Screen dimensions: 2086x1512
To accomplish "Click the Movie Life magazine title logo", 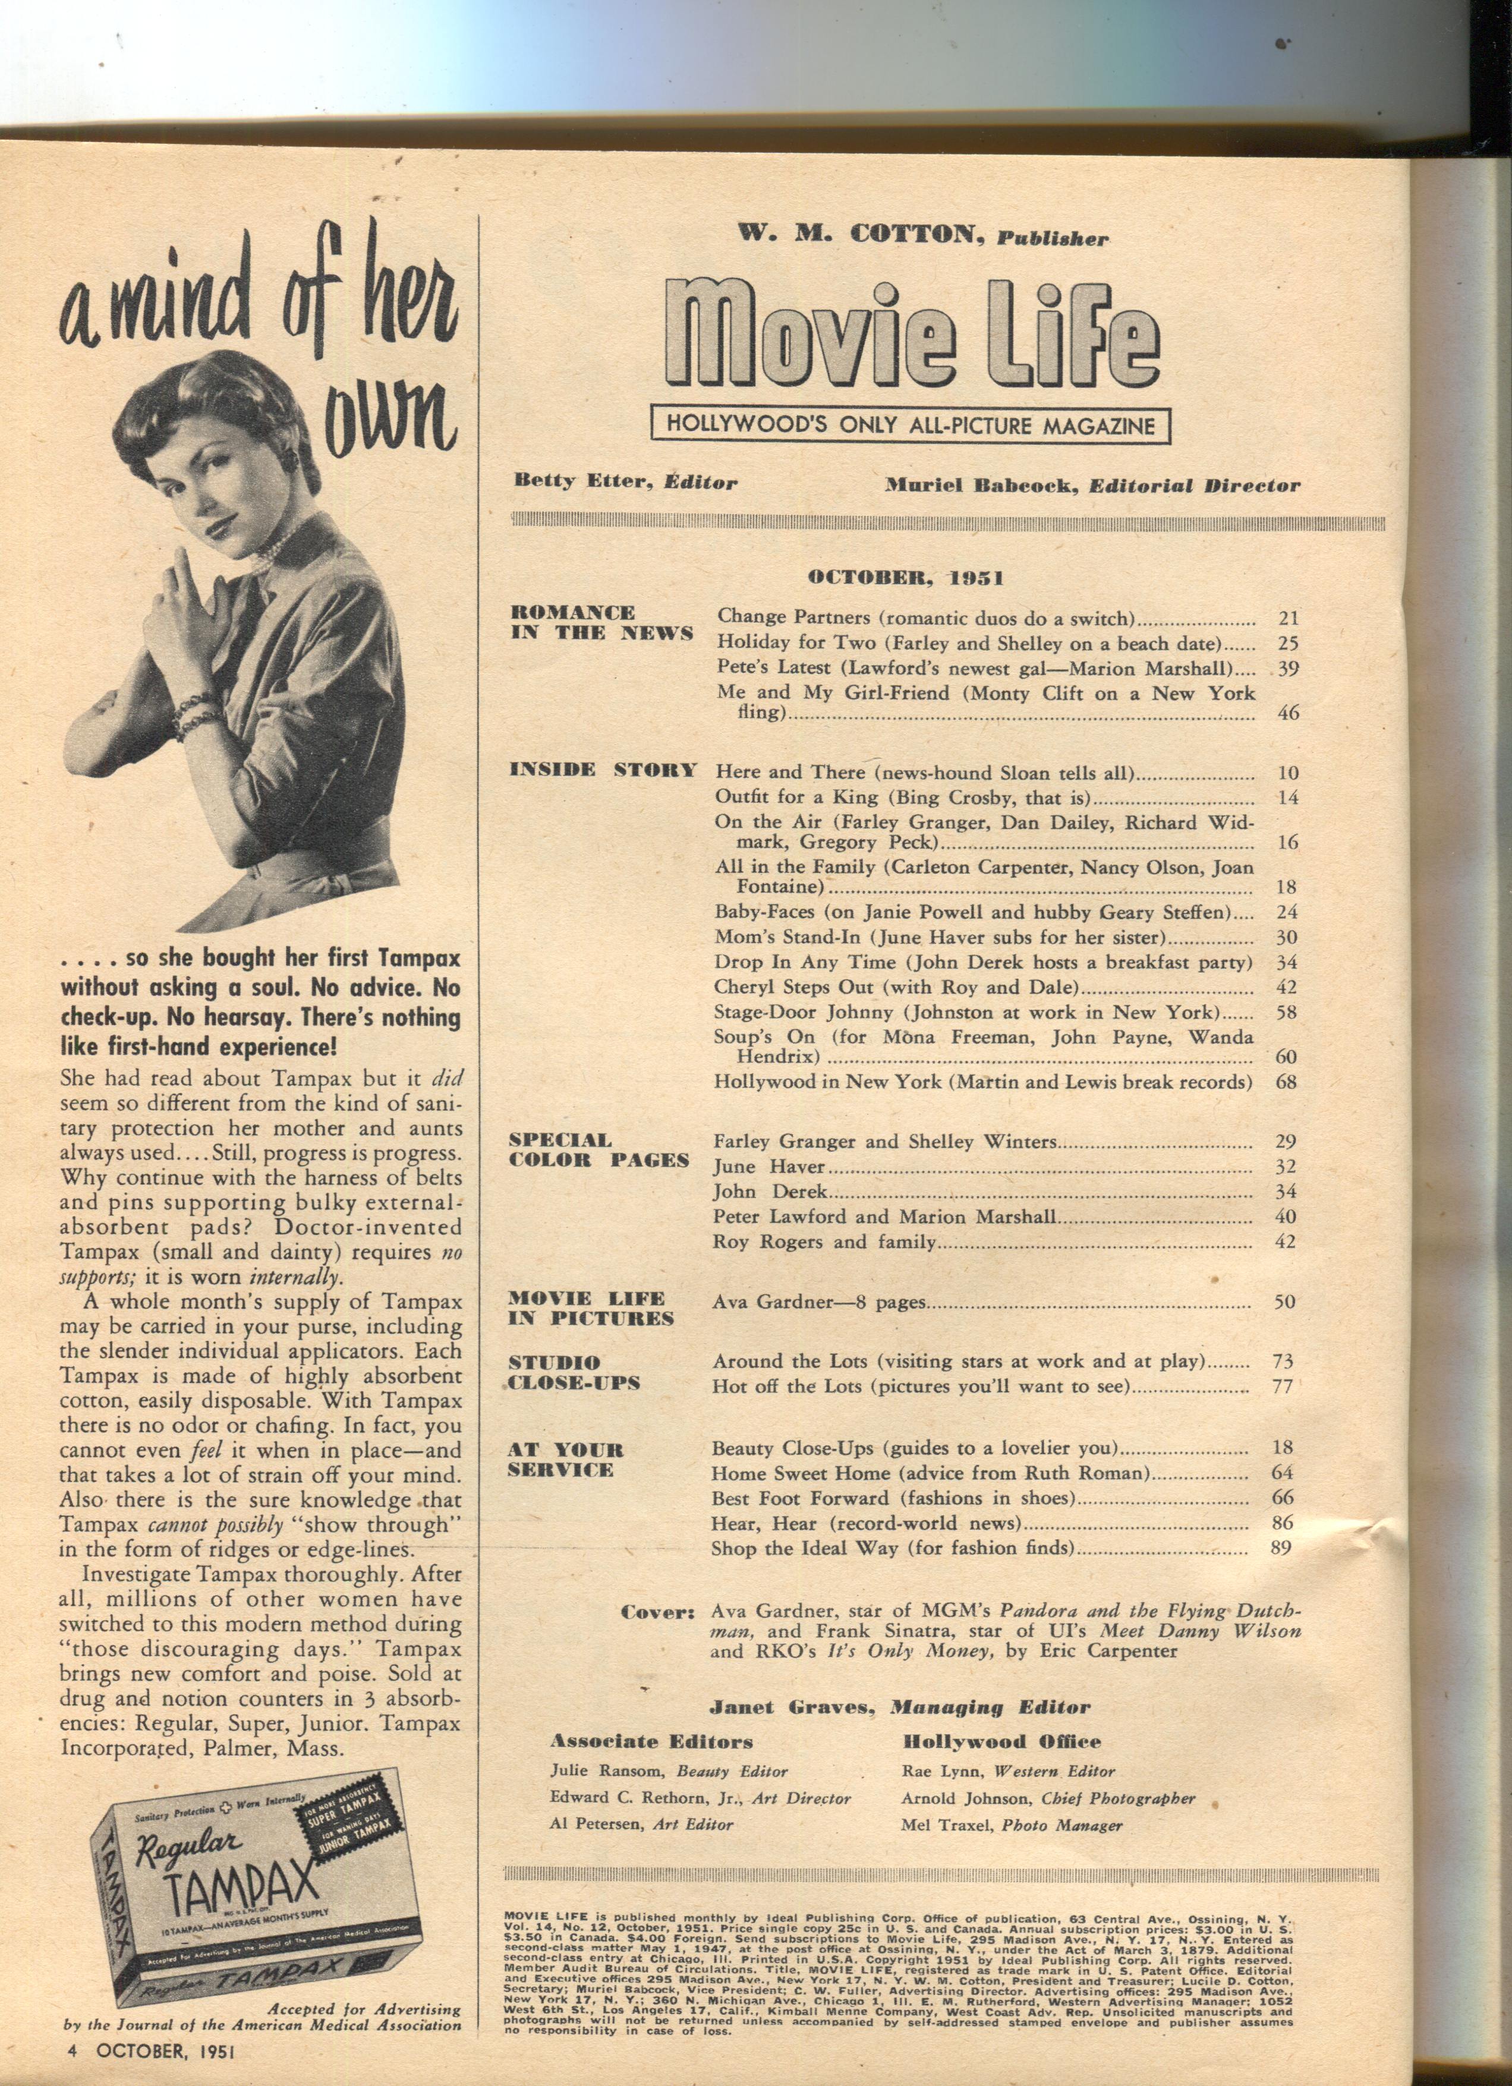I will (x=911, y=339).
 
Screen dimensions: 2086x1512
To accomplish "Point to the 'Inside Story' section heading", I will (x=603, y=770).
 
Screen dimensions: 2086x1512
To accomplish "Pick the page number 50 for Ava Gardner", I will (x=1285, y=1302).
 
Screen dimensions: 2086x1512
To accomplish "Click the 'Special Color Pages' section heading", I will (x=598, y=1150).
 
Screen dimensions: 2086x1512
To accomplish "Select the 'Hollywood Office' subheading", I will (x=1001, y=1741).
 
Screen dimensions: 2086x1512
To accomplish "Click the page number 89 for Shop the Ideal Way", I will (x=1281, y=1548).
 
